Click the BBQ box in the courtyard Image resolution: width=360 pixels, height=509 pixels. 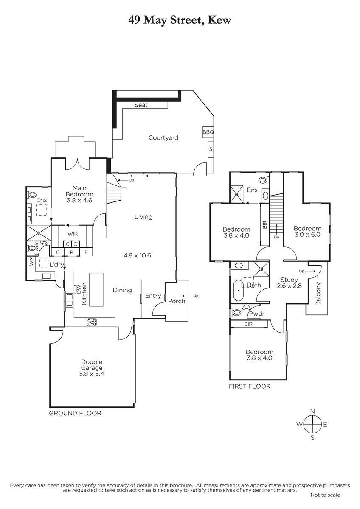208,132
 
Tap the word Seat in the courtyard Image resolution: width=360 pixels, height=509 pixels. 141,105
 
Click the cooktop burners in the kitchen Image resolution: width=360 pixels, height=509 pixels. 92,322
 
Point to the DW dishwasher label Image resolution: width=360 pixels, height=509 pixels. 79,289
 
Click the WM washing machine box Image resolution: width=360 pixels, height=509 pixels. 31,261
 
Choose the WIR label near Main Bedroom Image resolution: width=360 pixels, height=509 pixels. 73,234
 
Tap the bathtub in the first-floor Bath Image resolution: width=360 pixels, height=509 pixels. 239,291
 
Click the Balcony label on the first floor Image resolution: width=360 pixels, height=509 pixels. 318,294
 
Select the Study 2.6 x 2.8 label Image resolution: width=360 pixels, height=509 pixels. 289,282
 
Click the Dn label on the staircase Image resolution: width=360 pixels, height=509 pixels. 276,237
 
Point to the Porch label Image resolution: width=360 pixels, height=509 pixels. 177,301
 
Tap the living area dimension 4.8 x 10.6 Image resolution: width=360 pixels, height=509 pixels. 137,255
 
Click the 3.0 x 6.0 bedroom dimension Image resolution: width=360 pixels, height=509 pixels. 307,235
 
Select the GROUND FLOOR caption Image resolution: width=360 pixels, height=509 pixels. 75,413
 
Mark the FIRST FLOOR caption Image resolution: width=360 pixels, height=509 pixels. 250,386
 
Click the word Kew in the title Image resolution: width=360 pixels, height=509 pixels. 219,20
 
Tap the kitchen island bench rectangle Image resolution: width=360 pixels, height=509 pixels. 96,289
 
